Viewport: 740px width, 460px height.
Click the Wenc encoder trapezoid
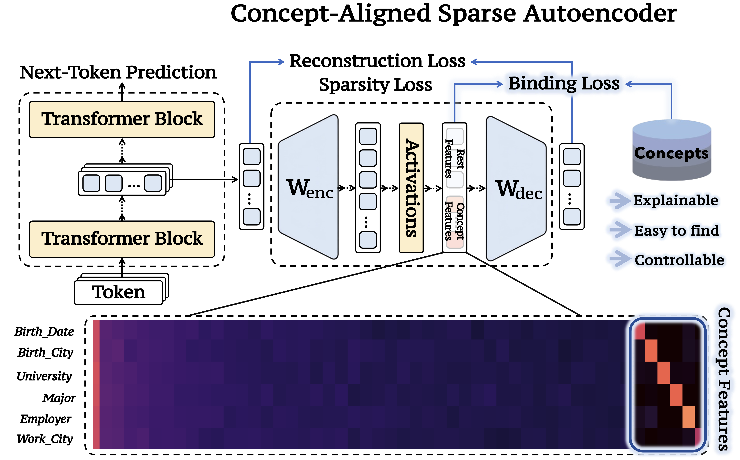309,187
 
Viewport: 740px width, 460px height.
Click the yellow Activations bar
411,188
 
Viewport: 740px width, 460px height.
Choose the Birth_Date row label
44,332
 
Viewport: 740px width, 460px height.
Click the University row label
44,376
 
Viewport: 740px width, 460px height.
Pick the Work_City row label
45,439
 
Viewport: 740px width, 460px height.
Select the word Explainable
676,200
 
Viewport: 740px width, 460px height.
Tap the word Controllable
679,260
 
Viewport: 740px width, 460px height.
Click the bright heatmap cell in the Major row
676,395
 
